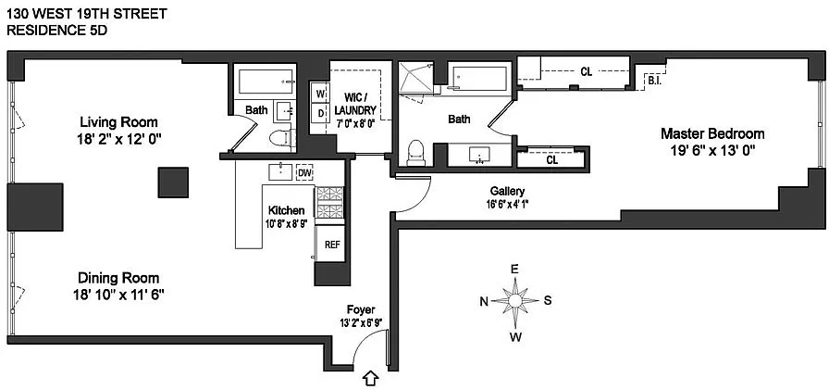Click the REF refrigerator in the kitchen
331,245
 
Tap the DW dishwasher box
304,172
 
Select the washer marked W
319,94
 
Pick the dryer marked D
319,112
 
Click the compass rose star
515,301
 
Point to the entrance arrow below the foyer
371,378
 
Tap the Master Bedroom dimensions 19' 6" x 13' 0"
712,150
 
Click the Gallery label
507,191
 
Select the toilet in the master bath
416,154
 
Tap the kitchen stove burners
329,203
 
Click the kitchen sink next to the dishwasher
280,172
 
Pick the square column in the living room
173,182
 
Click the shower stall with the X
415,77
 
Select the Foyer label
361,310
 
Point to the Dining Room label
118,278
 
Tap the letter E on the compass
513,270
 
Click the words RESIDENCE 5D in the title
56,31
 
